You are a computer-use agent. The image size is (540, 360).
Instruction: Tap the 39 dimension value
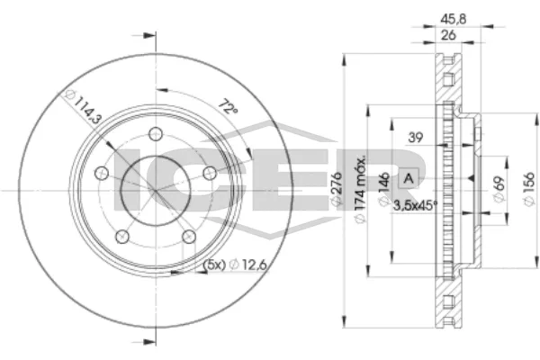click(x=416, y=138)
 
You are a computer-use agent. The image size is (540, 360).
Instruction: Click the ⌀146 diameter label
click(x=384, y=190)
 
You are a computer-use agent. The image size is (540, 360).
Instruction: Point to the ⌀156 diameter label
click(x=529, y=190)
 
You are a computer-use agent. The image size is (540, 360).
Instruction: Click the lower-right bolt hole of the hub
click(x=188, y=236)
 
